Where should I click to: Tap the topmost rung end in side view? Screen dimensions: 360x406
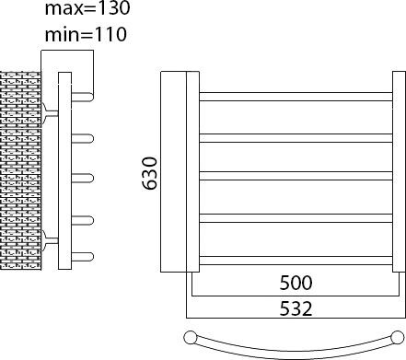pyautogui.click(x=84, y=96)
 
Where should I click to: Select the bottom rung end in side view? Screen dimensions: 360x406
pyautogui.click(x=84, y=255)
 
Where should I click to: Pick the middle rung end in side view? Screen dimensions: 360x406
pyautogui.click(x=84, y=175)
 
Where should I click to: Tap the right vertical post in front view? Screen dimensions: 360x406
pyautogui.click(x=398, y=173)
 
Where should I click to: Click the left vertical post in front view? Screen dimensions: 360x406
pyautogui.click(x=192, y=173)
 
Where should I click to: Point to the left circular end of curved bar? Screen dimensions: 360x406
pyautogui.click(x=191, y=336)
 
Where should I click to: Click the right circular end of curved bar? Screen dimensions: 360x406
pyautogui.click(x=397, y=336)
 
